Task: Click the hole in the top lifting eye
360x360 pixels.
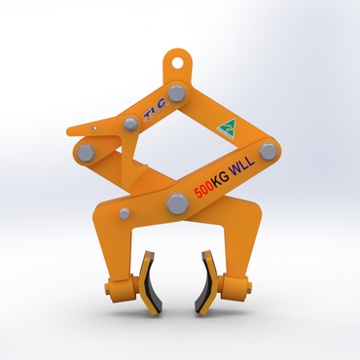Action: coord(178,57)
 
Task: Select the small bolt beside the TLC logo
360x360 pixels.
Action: coord(130,124)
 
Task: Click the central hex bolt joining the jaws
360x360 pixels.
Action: coord(177,203)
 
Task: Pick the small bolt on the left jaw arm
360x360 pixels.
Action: coord(124,213)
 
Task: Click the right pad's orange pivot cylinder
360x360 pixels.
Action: coord(234,287)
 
